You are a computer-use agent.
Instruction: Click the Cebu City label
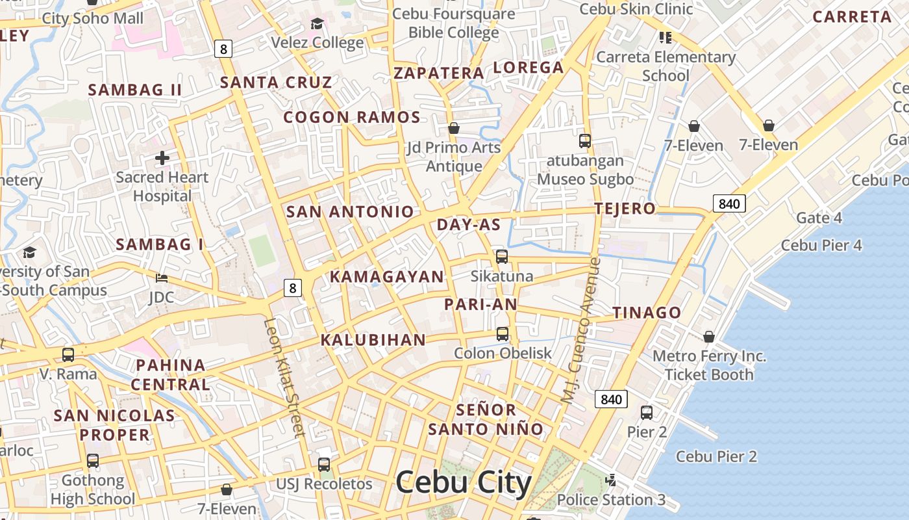point(463,483)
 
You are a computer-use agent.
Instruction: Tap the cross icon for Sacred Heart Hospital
point(162,157)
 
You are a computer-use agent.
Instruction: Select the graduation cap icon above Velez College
point(317,24)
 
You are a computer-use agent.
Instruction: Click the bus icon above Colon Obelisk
point(503,334)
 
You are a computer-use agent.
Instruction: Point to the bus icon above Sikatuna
point(502,257)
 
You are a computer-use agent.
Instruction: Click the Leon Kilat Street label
point(284,377)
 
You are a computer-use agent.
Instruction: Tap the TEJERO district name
point(625,209)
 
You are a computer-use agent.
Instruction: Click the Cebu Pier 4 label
point(821,245)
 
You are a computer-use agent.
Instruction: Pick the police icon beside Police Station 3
point(610,480)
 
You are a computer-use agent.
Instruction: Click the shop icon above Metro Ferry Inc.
point(709,337)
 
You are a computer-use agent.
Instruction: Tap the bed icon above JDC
point(162,278)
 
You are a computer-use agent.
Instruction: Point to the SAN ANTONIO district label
point(350,211)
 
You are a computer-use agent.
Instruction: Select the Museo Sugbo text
point(585,179)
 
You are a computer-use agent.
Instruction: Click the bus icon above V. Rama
point(68,355)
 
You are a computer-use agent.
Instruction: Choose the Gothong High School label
point(93,489)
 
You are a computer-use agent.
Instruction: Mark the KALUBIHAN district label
point(373,340)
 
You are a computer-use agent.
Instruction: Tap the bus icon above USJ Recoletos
point(324,465)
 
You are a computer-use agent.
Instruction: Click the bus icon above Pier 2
point(647,412)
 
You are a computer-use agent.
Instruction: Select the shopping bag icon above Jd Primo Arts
point(454,128)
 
